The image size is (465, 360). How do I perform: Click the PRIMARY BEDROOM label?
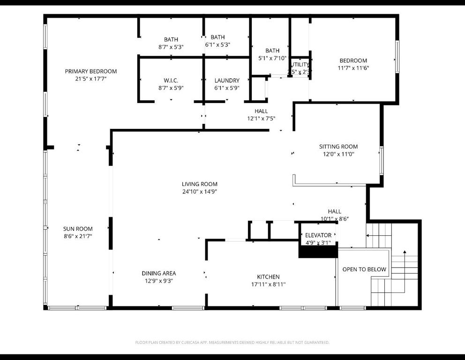(x=91, y=71)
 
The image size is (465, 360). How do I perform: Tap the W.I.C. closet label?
(x=171, y=81)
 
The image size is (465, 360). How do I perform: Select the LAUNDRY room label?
(x=227, y=81)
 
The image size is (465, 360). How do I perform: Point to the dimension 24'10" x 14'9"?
(x=200, y=191)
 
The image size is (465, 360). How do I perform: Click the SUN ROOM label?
(x=78, y=229)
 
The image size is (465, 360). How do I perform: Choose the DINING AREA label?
(x=159, y=273)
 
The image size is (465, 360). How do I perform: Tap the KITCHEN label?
(x=268, y=277)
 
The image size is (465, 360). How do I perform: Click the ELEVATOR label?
(x=318, y=235)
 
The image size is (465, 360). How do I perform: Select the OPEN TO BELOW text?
(x=364, y=269)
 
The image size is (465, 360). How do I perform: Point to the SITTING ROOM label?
(x=338, y=147)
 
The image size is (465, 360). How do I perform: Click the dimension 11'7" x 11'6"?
(x=353, y=68)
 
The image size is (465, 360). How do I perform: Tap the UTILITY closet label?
(x=300, y=65)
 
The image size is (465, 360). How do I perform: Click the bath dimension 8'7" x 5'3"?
(x=171, y=47)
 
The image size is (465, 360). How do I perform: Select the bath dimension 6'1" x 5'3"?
(x=217, y=45)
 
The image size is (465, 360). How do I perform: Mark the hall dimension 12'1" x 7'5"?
(x=261, y=119)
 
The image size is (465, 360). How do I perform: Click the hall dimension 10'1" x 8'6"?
(x=335, y=219)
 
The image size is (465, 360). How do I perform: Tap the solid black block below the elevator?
(x=318, y=252)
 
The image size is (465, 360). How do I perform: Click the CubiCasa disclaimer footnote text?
(x=232, y=343)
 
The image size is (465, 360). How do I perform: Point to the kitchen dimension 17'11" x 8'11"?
(x=268, y=285)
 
